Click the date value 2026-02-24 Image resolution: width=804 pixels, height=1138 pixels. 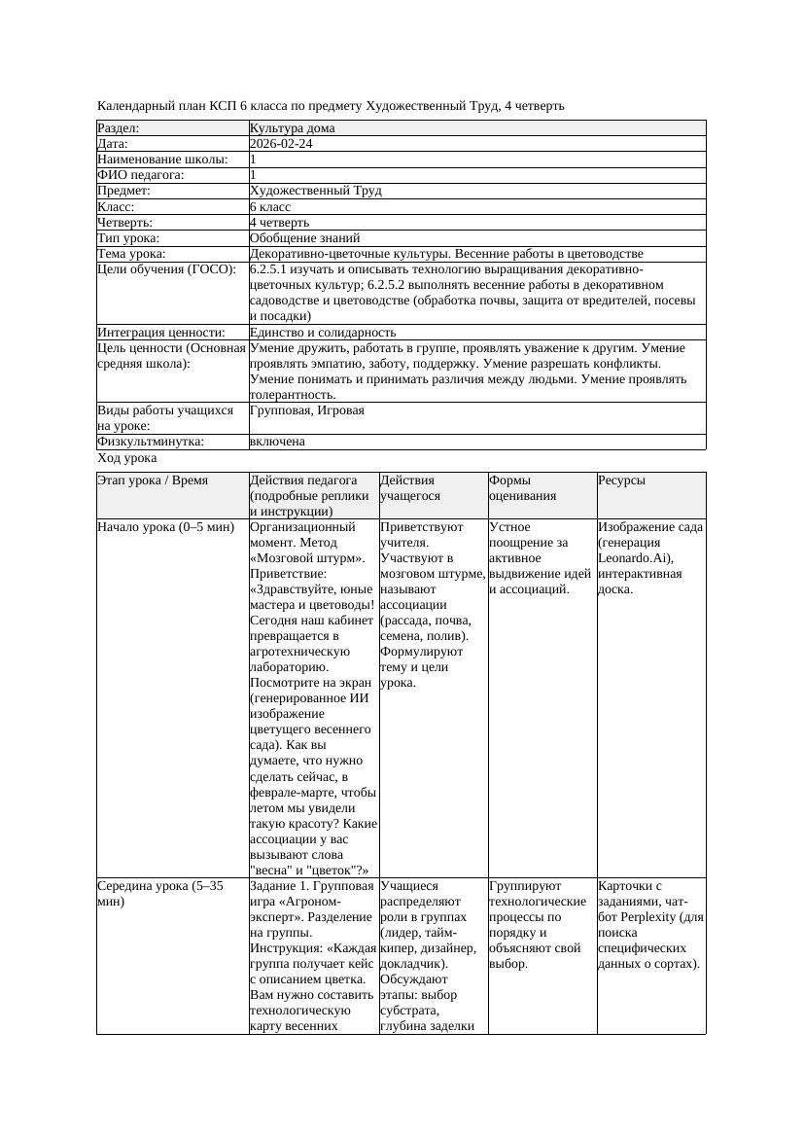[281, 144]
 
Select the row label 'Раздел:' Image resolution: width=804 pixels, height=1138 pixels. [119, 128]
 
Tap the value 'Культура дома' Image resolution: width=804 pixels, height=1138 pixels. [292, 128]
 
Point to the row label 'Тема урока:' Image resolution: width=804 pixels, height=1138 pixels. [131, 254]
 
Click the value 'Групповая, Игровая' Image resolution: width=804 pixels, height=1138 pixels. [306, 410]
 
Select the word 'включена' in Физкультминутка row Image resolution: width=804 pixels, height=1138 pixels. [277, 442]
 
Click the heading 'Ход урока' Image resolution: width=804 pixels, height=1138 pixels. [127, 457]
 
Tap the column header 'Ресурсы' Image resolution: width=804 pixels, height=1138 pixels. [621, 480]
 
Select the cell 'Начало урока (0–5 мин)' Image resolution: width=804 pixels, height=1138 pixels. [165, 527]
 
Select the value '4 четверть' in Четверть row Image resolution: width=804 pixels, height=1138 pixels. [279, 223]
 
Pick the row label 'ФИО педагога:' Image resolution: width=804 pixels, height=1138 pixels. [141, 175]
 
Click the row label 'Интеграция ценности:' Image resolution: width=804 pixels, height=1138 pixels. [160, 333]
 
